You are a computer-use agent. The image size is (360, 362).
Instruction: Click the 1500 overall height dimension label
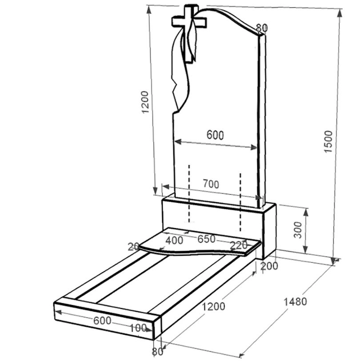(328, 141)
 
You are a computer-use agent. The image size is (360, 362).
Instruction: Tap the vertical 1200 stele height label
(145, 102)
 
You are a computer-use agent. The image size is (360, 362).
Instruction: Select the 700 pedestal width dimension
(211, 184)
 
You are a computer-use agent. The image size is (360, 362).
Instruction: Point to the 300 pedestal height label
(298, 230)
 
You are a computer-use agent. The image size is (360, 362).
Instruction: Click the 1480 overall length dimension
(295, 302)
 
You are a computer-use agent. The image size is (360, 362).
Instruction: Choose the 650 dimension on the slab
(206, 239)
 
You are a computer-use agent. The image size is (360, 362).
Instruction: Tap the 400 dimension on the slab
(174, 240)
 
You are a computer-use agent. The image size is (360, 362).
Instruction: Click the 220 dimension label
(239, 245)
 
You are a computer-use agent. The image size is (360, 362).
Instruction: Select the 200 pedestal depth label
(269, 266)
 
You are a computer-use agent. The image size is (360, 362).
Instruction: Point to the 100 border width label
(138, 328)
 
